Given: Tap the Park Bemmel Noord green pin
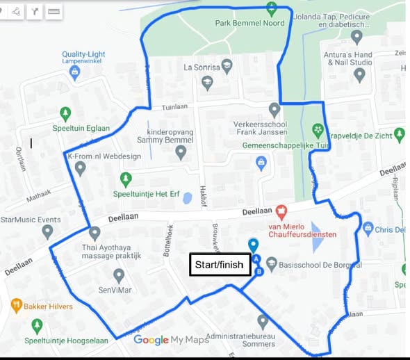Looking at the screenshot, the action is [272, 8].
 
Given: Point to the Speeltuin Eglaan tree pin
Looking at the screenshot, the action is [65, 112].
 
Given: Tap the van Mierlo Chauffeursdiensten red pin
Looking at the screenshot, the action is [281, 211].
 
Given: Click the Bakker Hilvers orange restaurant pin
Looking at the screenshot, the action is [17, 304].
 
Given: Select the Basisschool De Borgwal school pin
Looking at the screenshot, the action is [272, 263].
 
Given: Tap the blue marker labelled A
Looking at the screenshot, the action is [256, 259].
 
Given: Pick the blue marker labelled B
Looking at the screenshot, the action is [259, 271].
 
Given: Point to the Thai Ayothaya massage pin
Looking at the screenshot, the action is [95, 233].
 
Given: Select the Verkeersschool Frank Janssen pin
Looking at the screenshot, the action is [274, 109].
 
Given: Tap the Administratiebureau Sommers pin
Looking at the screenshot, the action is [262, 321].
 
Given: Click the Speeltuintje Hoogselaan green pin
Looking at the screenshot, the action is [38, 325].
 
